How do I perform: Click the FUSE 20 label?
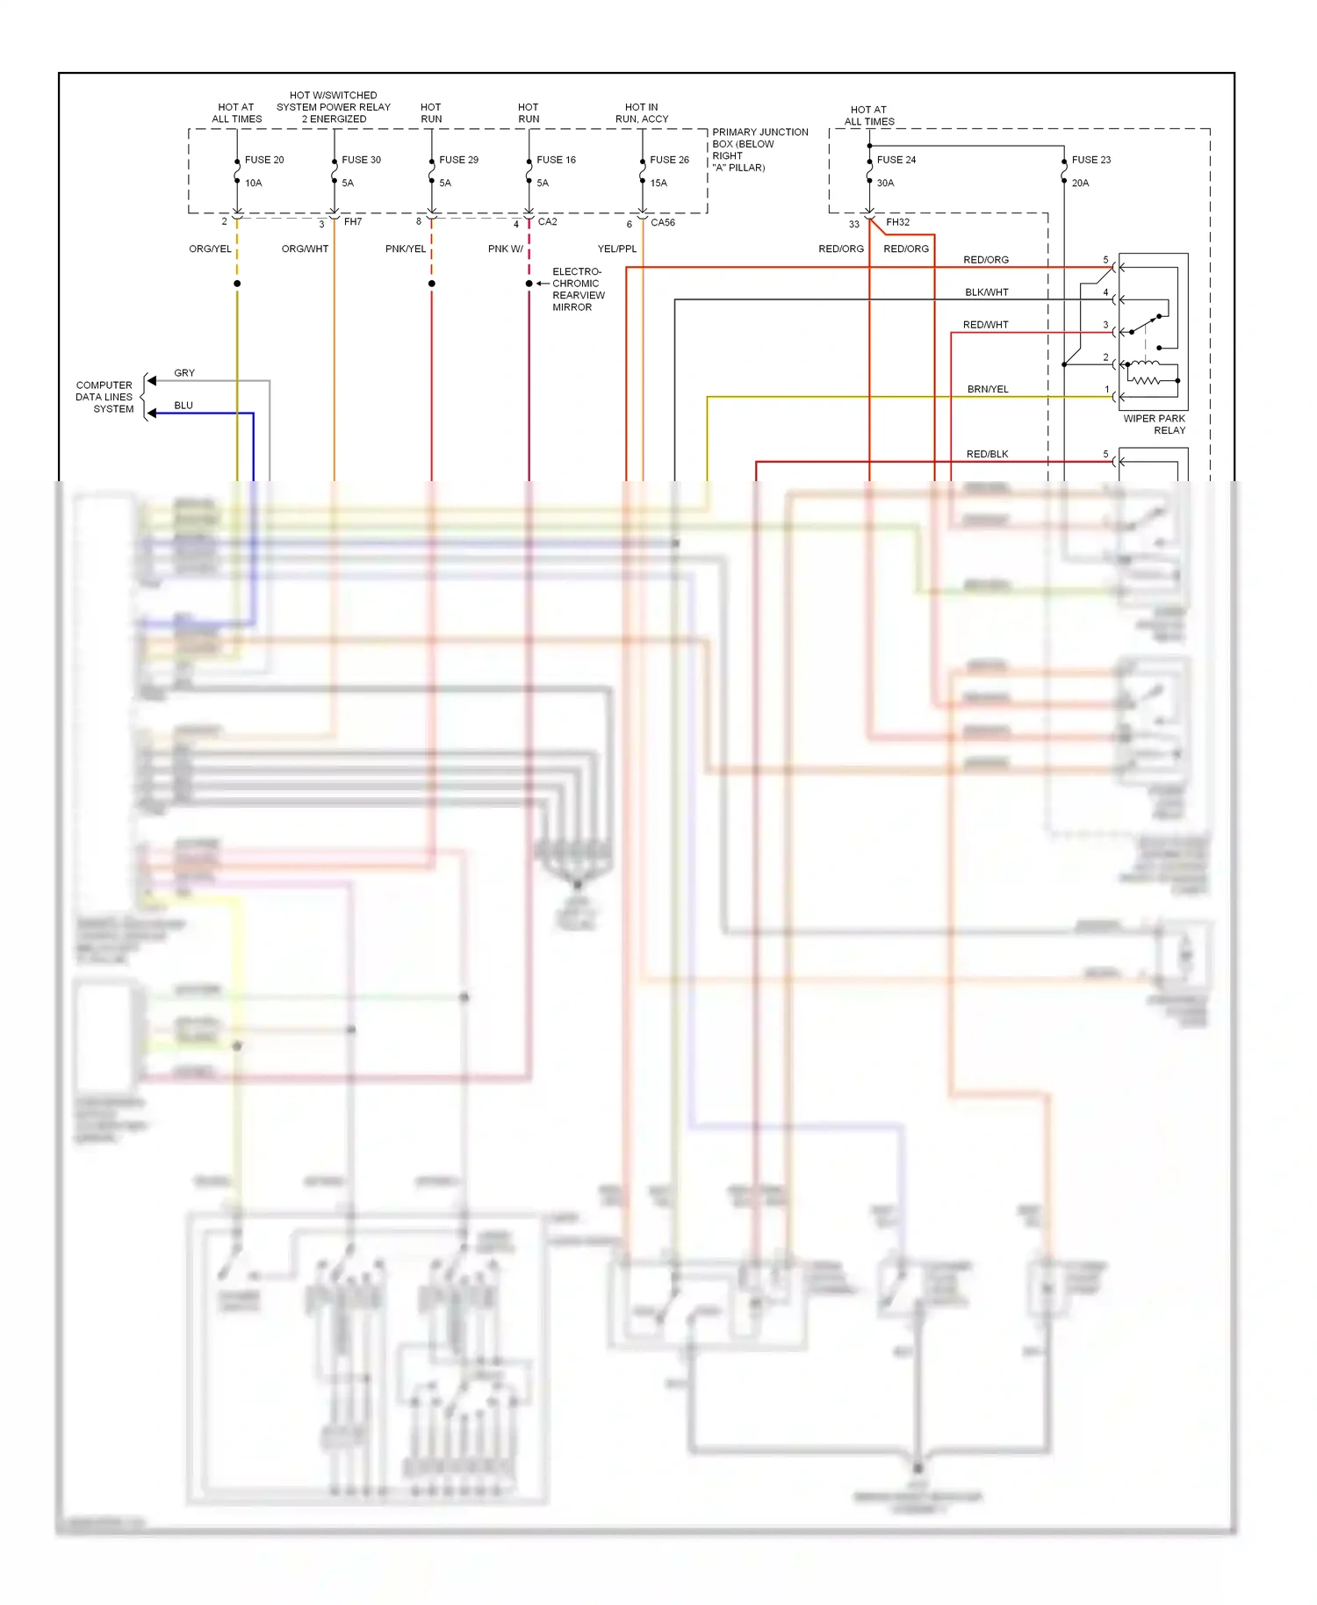264,160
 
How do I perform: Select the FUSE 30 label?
361,160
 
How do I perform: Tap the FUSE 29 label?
458,160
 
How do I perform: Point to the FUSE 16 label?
556,160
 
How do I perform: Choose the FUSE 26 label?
669,160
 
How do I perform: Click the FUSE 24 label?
896,160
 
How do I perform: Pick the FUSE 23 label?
1090,160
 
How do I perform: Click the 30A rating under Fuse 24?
885,184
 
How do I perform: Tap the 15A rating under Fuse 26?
658,184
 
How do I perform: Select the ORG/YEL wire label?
210,249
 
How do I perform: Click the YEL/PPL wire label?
616,249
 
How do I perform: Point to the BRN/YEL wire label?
988,389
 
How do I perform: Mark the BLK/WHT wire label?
987,292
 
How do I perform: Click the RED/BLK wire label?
987,454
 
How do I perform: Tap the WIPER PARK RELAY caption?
1155,424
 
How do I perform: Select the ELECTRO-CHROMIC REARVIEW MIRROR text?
578,290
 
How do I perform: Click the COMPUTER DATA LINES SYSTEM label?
104,397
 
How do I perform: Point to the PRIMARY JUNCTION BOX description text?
759,149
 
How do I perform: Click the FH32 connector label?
897,222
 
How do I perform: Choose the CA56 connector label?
663,222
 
